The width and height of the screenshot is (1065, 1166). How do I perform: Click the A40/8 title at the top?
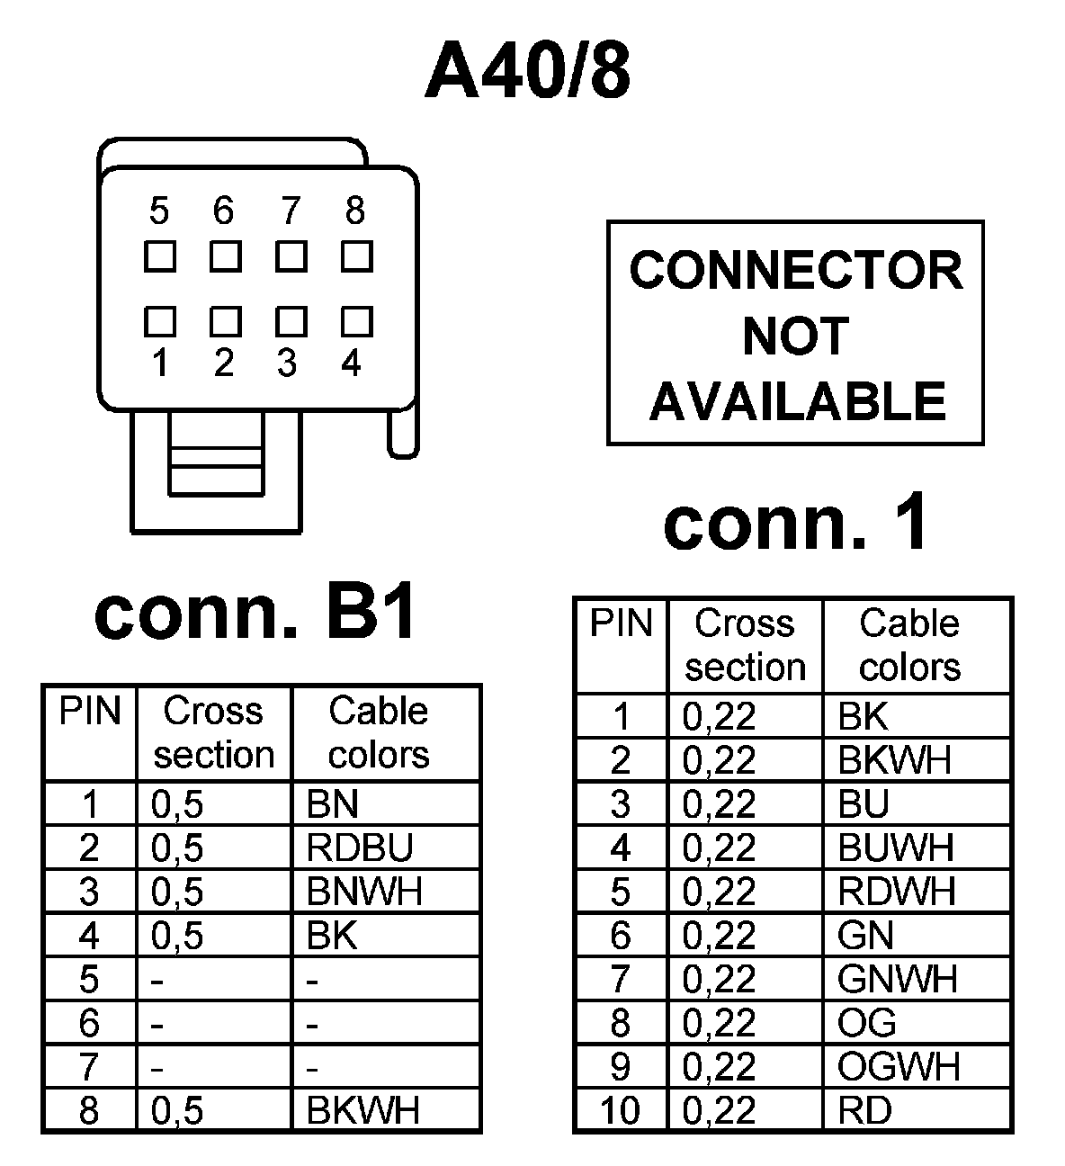point(528,71)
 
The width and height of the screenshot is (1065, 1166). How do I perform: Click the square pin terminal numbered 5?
point(160,257)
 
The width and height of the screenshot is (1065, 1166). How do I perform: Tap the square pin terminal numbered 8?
point(356,257)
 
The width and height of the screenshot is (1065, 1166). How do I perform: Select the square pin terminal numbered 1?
point(160,321)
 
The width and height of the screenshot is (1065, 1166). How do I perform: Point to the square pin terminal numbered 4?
point(356,321)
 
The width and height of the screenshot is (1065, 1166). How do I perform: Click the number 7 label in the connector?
point(290,211)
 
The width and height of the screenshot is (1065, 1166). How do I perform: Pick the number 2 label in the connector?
point(224,363)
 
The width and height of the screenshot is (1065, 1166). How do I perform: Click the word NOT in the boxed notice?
point(795,336)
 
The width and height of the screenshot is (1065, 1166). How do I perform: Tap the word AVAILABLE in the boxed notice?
point(797,401)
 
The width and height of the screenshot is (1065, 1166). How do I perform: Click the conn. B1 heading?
point(255,613)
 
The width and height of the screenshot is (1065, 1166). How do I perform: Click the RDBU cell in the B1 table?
point(360,848)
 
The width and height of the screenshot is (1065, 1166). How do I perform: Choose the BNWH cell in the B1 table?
point(364,892)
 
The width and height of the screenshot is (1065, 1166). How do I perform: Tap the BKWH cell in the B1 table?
point(363,1110)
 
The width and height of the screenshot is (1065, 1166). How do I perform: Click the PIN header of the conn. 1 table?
point(621,623)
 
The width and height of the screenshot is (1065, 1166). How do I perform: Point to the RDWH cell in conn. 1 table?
point(896,892)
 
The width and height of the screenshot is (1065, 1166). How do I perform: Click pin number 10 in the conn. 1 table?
point(620,1110)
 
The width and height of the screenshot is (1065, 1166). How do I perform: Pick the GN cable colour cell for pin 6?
point(865,936)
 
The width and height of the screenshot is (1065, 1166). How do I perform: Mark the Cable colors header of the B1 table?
point(379,732)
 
